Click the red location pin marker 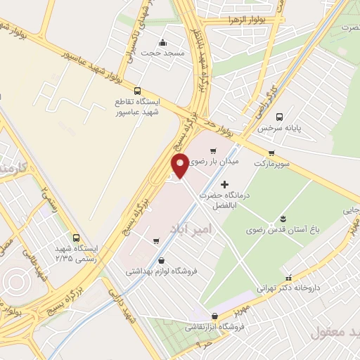pyautogui.click(x=181, y=165)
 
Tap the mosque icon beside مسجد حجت pyautogui.click(x=163, y=41)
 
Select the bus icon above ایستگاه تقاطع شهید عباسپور pyautogui.click(x=137, y=91)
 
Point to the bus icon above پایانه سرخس pyautogui.click(x=281, y=117)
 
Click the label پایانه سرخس pyautogui.click(x=274, y=129)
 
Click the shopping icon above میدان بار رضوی pyautogui.click(x=213, y=150)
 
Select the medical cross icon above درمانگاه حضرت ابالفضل pyautogui.click(x=224, y=184)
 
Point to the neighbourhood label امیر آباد pyautogui.click(x=190, y=229)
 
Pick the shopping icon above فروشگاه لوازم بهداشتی pyautogui.click(x=162, y=260)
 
